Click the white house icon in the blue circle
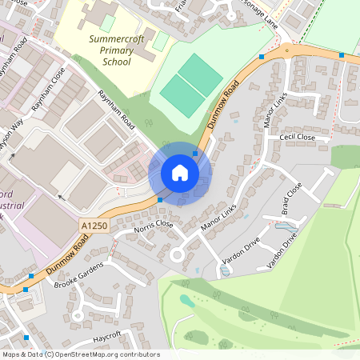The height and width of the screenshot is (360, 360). click(x=180, y=173)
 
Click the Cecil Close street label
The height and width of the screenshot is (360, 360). click(x=298, y=138)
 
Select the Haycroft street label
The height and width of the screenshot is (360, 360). click(x=106, y=335)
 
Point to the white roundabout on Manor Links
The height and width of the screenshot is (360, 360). click(x=178, y=255)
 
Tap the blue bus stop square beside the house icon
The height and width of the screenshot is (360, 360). click(x=195, y=152)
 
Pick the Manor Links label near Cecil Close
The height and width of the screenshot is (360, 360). click(x=274, y=111)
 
